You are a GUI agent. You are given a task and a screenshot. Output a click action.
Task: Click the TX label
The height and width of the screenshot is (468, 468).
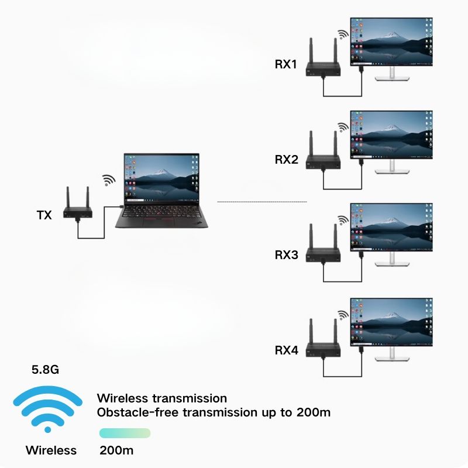44,215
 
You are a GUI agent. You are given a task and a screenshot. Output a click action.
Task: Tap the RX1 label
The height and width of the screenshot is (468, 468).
287,64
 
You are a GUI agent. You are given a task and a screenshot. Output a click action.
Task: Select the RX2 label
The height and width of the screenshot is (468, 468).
287,159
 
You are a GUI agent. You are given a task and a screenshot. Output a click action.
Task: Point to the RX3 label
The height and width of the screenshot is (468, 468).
287,255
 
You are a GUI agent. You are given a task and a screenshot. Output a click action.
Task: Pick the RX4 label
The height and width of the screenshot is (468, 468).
287,351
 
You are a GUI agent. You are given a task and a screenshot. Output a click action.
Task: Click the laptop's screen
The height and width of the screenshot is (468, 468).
161,175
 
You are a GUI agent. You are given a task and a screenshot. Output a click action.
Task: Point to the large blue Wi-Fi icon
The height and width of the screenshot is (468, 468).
48,407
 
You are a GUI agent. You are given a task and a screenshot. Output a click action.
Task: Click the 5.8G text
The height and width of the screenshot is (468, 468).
45,370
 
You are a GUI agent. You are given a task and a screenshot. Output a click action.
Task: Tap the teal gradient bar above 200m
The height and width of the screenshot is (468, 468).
125,433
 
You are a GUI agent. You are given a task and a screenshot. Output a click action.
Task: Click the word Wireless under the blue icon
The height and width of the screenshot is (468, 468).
51,450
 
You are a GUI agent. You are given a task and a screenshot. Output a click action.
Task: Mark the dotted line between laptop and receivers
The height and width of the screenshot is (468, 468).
262,202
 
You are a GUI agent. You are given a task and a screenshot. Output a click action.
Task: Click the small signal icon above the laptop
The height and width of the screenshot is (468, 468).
109,180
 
